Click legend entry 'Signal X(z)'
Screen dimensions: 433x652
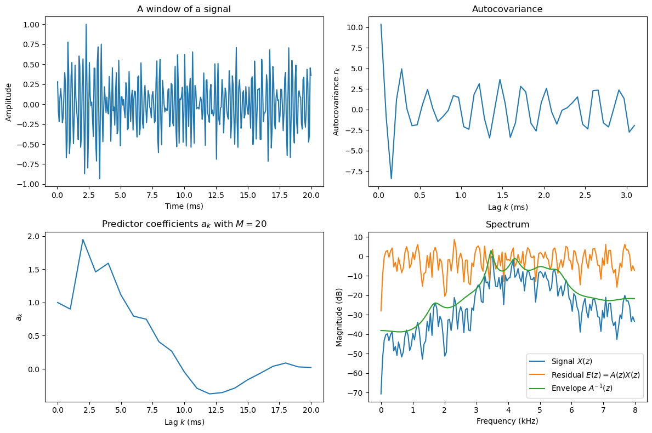(570, 361)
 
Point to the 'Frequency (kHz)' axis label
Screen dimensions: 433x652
(507, 421)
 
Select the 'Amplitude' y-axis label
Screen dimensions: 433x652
(9, 102)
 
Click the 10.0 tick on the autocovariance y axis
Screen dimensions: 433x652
(357, 27)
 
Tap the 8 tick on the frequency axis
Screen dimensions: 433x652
(634, 411)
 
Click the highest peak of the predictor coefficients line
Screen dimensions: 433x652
(83, 240)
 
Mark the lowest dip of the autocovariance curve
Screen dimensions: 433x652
(391, 179)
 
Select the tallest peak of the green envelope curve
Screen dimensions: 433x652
(491, 251)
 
